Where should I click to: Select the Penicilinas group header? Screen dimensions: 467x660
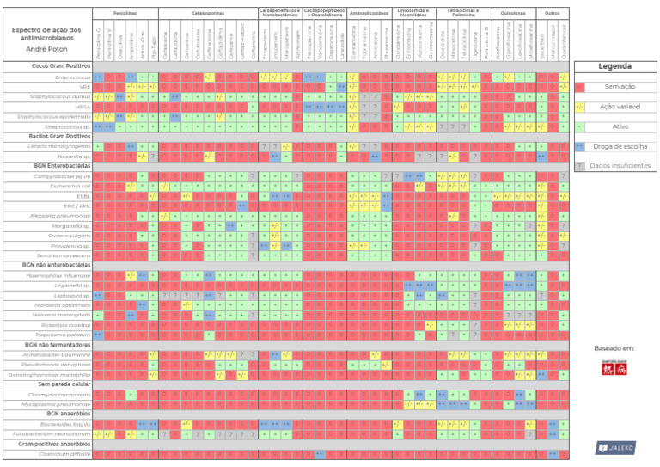(x=125, y=14)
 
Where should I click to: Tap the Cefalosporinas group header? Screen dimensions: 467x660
(x=209, y=14)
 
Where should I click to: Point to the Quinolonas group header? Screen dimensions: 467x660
(x=513, y=14)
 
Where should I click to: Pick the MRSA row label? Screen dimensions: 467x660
(x=82, y=107)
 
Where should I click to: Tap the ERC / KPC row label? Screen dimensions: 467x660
(x=77, y=206)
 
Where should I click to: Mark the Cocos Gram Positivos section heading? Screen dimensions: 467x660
(x=61, y=65)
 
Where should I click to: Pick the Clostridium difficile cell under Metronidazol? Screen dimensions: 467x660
(x=553, y=454)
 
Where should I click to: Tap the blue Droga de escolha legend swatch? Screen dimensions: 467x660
(x=580, y=146)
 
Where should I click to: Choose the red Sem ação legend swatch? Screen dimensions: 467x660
(x=580, y=87)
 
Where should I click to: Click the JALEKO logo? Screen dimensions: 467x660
(x=615, y=447)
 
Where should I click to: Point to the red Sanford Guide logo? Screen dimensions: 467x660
(x=614, y=367)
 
